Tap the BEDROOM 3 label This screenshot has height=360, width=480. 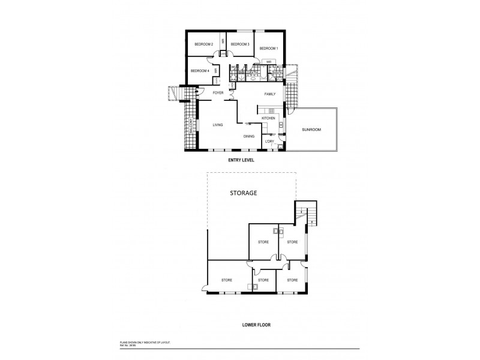click(x=240, y=44)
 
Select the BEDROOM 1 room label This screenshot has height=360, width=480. click(x=268, y=49)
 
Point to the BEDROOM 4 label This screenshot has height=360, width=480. click(x=199, y=71)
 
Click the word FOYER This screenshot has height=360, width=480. click(x=218, y=93)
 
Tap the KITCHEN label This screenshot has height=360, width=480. click(x=268, y=119)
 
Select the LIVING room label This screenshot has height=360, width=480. click(x=218, y=125)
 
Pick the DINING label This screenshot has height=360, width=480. click(x=249, y=137)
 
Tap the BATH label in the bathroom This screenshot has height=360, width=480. click(x=254, y=74)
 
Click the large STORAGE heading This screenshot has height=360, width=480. click(x=244, y=194)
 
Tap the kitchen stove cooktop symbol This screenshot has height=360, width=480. click(x=271, y=111)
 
